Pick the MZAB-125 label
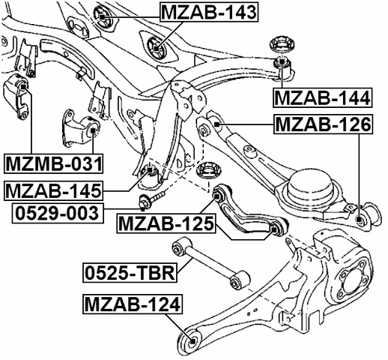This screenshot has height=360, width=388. [166, 223]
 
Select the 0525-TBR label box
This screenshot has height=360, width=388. [129, 271]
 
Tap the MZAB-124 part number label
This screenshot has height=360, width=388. [129, 305]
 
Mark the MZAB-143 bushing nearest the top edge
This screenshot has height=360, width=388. [104, 13]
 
